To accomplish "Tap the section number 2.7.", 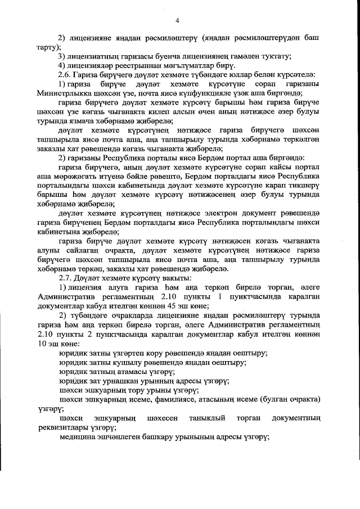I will (x=65, y=278).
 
